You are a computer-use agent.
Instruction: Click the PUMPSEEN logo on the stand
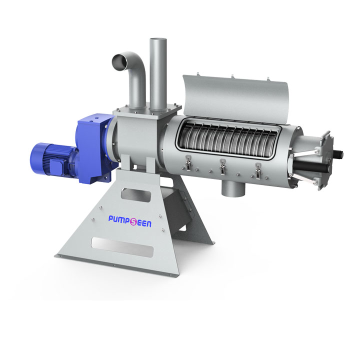coord(129,221)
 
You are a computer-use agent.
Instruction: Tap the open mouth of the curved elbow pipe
coord(119,62)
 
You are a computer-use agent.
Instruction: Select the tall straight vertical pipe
coord(158,73)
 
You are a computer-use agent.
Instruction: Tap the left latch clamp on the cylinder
coord(188,162)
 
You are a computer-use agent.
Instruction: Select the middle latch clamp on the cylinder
coord(222,166)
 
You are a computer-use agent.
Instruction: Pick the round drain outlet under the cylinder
coord(233,188)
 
